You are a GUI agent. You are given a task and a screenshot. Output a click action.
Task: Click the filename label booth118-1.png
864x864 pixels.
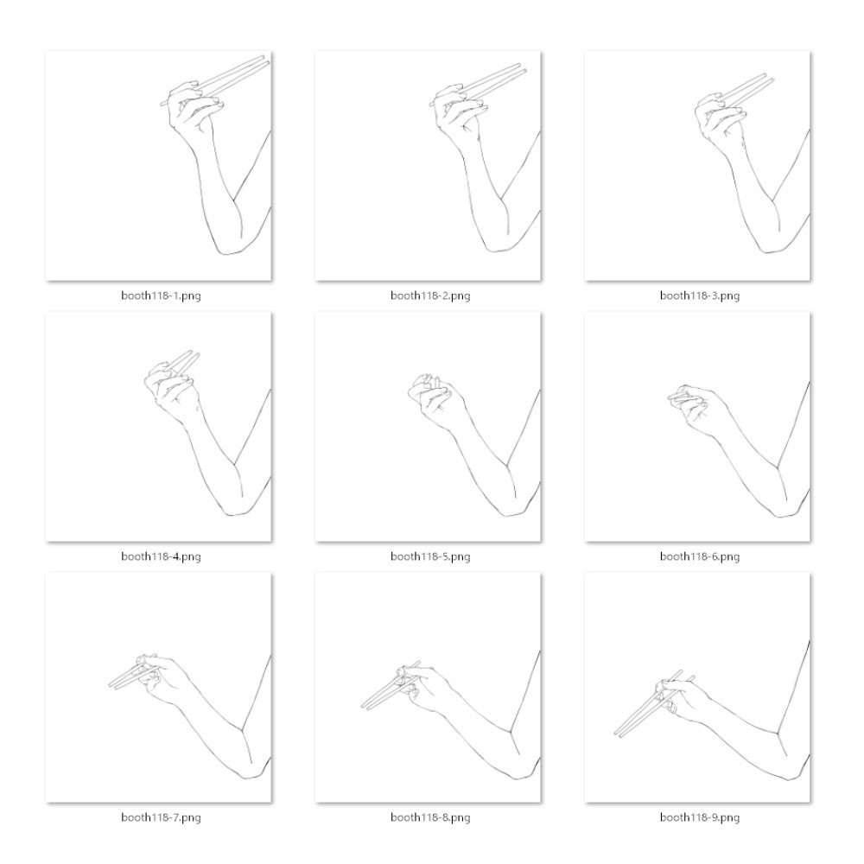161,295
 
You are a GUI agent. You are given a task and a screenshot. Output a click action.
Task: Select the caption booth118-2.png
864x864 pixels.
430,295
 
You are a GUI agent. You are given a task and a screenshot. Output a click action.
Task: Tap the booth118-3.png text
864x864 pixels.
700,295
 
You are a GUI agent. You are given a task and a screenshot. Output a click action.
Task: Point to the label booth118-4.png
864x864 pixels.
161,556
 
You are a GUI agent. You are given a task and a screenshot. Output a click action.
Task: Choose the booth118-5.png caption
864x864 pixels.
430,556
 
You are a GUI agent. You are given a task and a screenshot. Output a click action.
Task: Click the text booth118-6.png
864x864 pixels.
700,556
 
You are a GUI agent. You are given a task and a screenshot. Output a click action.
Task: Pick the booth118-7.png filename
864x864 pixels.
161,817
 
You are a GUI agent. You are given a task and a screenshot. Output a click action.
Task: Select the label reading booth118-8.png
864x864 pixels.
430,817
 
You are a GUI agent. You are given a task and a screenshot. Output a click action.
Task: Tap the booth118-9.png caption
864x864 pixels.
700,817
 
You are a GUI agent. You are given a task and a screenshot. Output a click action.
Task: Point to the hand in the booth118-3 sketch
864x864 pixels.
719,118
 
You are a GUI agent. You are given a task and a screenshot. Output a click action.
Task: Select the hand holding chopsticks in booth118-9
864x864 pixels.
683,697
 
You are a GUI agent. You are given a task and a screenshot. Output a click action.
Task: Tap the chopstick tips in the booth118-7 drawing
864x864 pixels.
111,685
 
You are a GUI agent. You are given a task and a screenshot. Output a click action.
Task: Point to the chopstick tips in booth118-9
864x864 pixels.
617,734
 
